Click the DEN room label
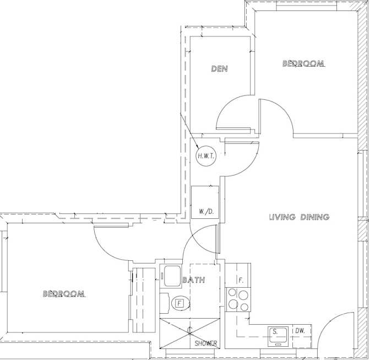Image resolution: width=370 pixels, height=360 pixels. tap(220, 69)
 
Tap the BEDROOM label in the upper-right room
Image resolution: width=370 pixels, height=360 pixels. tap(303, 63)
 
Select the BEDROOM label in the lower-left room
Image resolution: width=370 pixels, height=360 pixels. tap(64, 294)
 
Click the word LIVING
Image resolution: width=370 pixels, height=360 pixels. tap(282, 217)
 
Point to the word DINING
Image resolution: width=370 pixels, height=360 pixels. tap(315, 217)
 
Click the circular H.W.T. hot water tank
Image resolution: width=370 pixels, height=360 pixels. tap(206, 156)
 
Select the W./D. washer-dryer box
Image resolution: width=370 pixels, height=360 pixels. tap(205, 202)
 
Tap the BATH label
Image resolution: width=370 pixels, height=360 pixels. tap(194, 280)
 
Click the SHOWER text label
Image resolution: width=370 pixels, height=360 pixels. tap(206, 343)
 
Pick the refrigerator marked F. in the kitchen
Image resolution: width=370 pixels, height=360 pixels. tap(238, 275)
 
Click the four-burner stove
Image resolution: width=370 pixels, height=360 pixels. tap(238, 300)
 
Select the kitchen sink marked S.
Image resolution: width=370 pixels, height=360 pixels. tap(278, 336)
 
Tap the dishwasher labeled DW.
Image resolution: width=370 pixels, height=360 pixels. tap(302, 336)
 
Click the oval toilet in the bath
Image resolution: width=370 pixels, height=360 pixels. tap(181, 303)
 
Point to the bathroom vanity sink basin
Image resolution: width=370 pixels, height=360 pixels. tap(172, 276)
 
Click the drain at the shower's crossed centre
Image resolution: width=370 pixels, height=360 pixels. tap(190, 330)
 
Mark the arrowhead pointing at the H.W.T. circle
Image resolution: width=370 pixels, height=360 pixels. tap(197, 148)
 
